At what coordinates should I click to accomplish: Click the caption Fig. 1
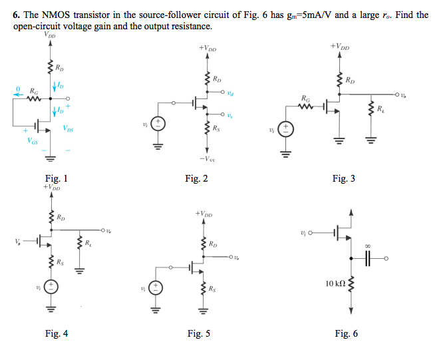point(56,178)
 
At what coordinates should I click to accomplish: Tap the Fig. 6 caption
point(346,333)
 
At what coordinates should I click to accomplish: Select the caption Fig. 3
point(344,178)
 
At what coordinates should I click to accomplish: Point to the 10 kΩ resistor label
point(336,283)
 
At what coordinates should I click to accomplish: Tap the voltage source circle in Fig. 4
point(51,287)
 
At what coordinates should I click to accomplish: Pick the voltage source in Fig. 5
point(154,287)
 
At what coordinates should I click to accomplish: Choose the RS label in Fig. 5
point(212,289)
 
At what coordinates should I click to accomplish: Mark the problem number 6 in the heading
point(16,15)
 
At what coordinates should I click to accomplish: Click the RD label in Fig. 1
point(61,67)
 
